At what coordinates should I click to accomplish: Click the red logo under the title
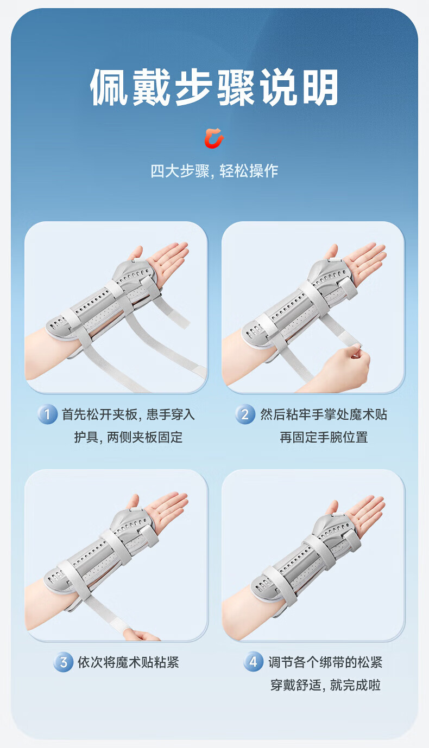214,138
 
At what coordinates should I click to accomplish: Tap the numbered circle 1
47,414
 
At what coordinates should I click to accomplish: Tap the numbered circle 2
245,414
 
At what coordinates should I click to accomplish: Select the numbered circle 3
63,662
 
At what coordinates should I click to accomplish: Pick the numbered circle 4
253,662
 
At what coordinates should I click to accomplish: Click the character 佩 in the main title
109,87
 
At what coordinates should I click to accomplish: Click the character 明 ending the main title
320,87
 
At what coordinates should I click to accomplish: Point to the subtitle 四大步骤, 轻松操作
214,171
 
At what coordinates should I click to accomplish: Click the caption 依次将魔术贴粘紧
128,662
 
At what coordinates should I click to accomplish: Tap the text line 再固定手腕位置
324,437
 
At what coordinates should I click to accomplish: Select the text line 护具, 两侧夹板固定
128,437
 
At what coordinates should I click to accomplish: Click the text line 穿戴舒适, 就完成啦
326,685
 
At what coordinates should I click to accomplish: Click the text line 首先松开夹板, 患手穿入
128,414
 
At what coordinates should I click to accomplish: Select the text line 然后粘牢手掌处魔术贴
324,414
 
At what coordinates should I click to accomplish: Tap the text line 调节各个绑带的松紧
325,662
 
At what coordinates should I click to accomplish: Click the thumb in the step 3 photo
134,503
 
